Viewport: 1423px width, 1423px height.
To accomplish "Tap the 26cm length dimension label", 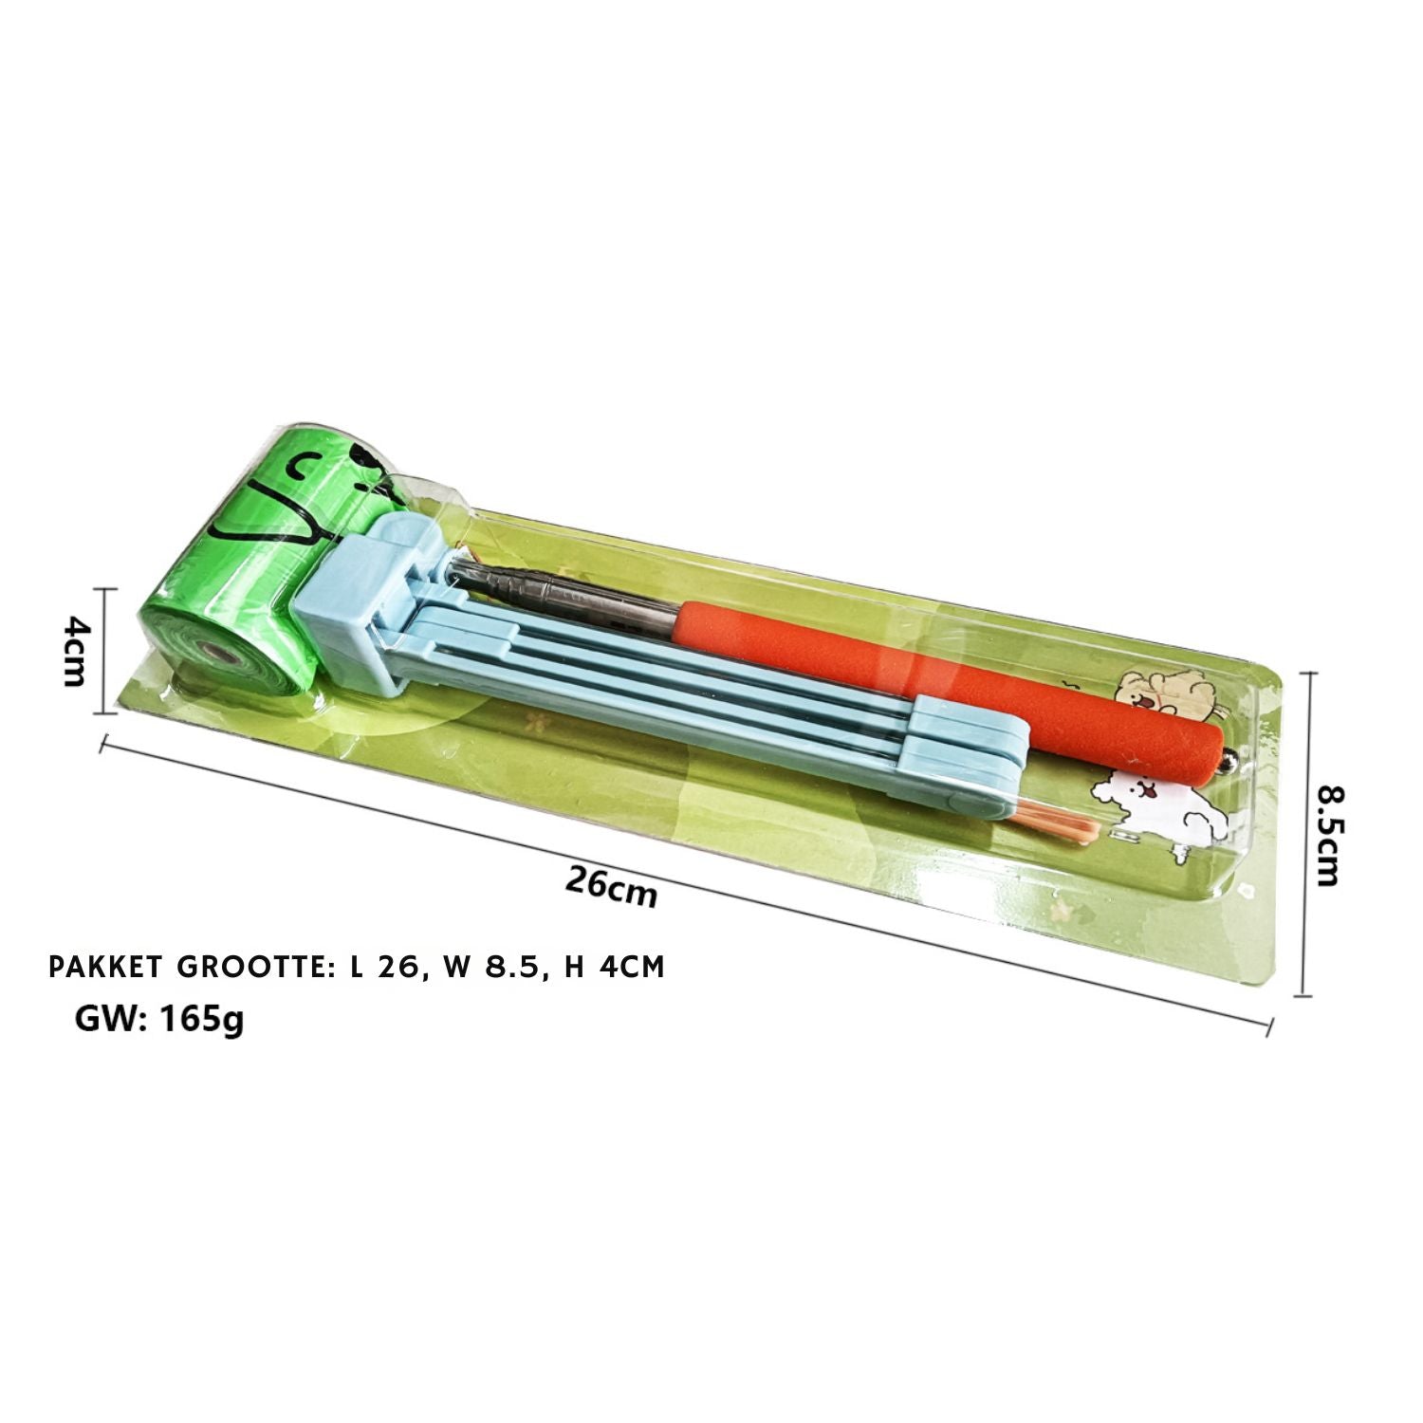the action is tap(611, 886).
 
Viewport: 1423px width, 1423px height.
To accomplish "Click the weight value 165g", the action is tap(202, 1021).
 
